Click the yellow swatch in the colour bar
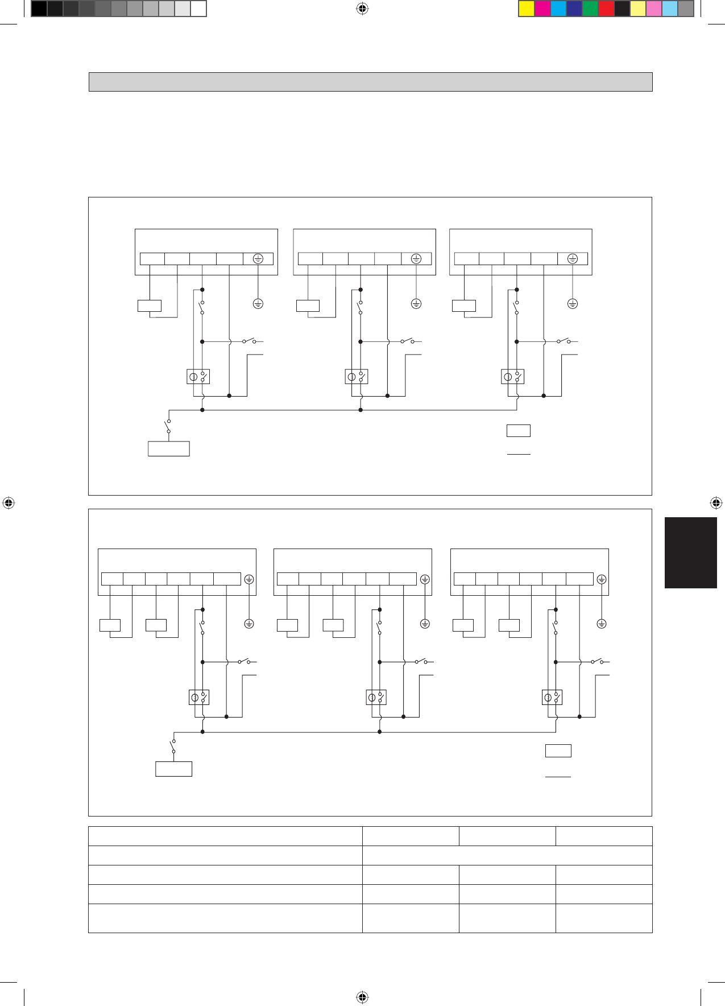[527, 9]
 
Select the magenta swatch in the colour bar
[542, 9]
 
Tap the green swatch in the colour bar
[590, 9]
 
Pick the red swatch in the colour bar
[606, 9]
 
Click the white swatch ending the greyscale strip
[198, 9]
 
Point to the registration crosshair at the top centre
[362, 9]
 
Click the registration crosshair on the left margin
[8, 503]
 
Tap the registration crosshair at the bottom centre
[362, 997]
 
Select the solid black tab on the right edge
[691, 553]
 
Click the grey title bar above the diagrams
[370, 82]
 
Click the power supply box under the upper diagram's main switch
[168, 448]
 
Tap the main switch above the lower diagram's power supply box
[172, 747]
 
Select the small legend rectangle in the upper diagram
[518, 431]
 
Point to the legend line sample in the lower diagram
[558, 776]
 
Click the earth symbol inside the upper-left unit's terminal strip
[258, 259]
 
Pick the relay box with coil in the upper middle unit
[357, 377]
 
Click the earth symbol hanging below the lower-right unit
[602, 624]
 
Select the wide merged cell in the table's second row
[507, 855]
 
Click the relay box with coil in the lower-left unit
[199, 697]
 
